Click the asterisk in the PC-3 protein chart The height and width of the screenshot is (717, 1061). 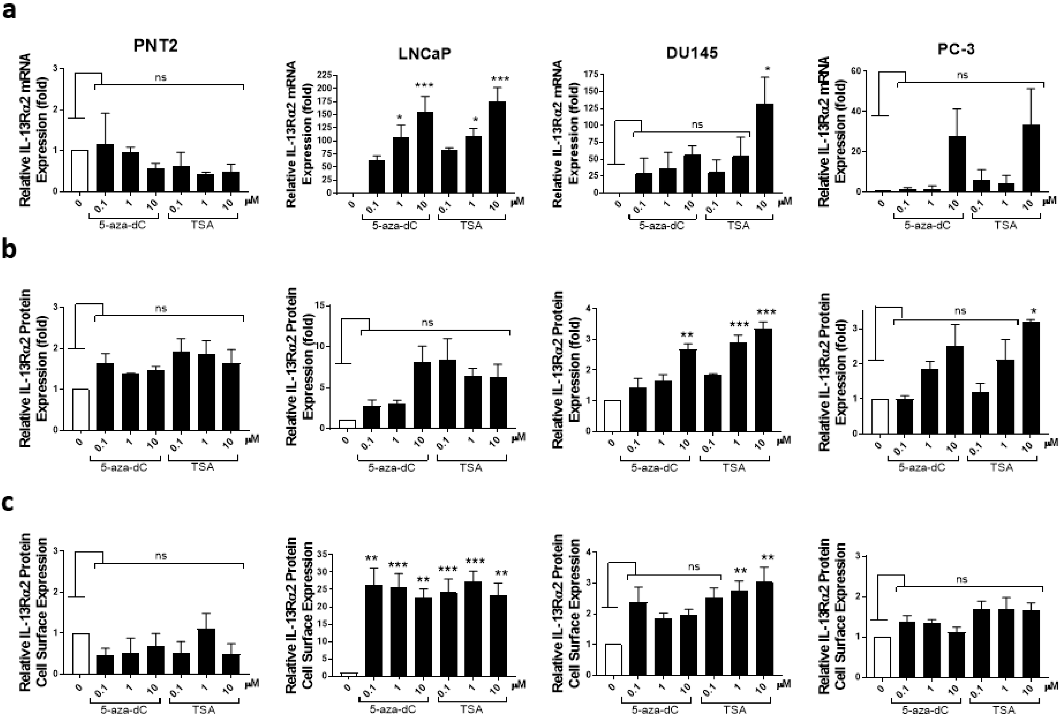click(x=1030, y=312)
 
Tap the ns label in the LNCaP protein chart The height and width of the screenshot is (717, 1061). click(x=427, y=323)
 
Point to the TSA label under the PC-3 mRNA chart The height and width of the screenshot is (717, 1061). click(x=1005, y=225)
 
